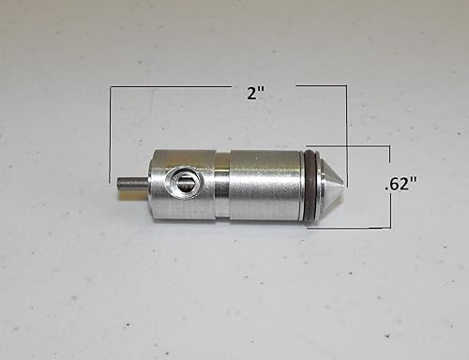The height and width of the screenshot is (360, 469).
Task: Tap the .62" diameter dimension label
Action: tap(401, 185)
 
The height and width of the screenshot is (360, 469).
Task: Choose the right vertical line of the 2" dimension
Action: tap(347, 117)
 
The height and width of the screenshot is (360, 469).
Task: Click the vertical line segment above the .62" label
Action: tap(388, 159)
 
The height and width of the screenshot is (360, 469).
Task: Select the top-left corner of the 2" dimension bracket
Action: tap(111, 87)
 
